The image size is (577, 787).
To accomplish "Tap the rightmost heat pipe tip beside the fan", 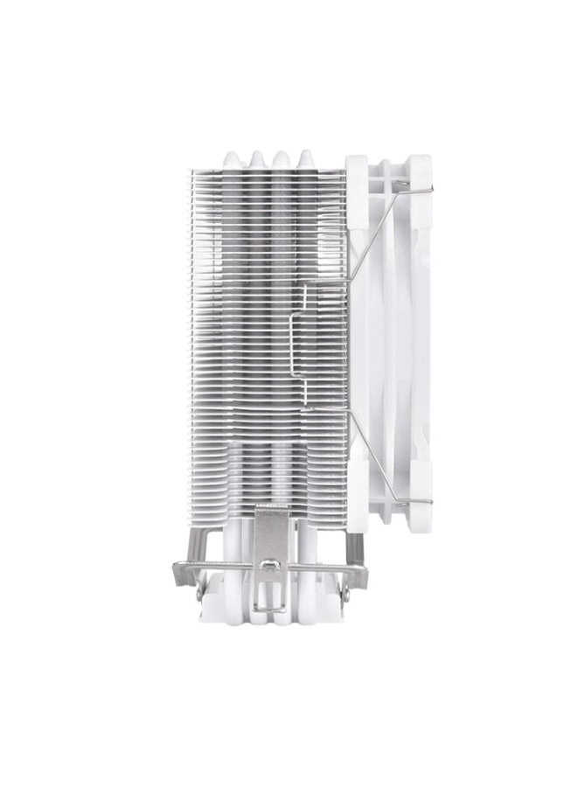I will click(306, 158).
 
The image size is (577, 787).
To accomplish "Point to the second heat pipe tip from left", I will click(257, 158).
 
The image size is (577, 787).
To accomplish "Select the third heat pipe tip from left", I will click(281, 158).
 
